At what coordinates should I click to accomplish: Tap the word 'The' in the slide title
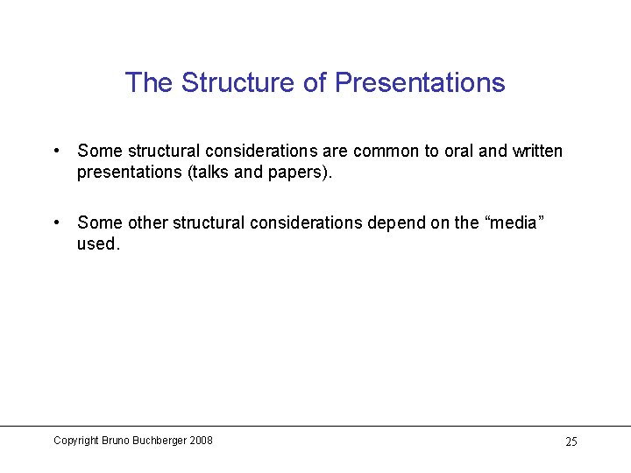tap(149, 82)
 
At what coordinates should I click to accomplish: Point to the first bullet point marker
tap(56, 151)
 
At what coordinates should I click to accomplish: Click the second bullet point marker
tap(56, 222)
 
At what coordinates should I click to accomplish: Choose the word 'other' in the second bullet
tap(146, 223)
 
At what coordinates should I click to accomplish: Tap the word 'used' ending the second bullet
tap(96, 244)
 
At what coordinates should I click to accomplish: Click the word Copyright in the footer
tap(75, 441)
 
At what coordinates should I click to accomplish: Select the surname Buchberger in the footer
tap(160, 441)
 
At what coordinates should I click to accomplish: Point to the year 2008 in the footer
tap(202, 441)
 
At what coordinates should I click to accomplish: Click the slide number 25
tap(571, 441)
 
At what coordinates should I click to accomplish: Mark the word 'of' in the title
tap(314, 82)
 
